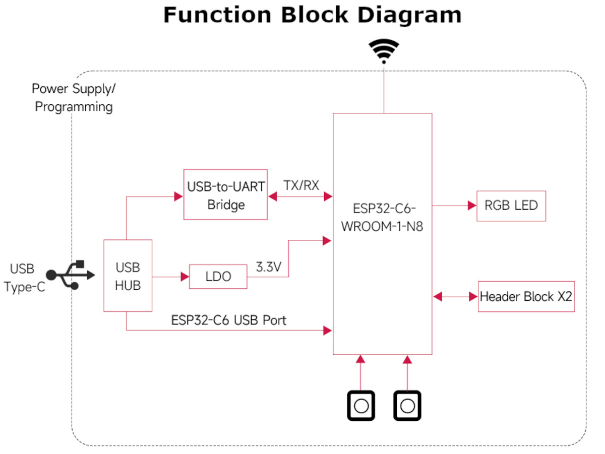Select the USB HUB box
[x=128, y=276]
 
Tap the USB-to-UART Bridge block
[x=225, y=194]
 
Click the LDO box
[x=218, y=277]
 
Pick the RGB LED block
[x=511, y=206]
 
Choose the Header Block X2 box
[x=526, y=297]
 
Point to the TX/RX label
[x=301, y=185]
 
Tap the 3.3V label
[x=268, y=267]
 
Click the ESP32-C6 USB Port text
[x=228, y=320]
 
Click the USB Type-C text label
[x=24, y=278]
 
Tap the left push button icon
[x=361, y=405]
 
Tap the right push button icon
[x=407, y=405]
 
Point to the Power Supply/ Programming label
[x=74, y=98]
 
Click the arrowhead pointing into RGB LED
[x=472, y=206]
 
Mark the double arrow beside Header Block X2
[x=455, y=297]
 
